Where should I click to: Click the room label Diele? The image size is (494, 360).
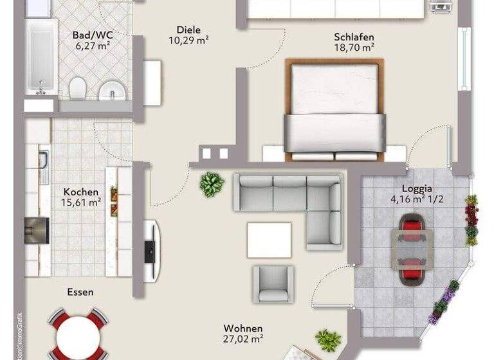[x=188, y=30]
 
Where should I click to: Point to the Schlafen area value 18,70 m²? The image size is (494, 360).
[x=353, y=47]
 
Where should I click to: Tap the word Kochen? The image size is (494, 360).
[x=81, y=192]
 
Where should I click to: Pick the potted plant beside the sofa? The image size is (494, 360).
[x=212, y=184]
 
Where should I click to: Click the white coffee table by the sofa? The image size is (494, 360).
[x=269, y=239]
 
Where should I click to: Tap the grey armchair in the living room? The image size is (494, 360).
[x=273, y=283]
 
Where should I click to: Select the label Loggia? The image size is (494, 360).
[x=417, y=188]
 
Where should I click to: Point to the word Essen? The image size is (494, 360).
[x=80, y=292]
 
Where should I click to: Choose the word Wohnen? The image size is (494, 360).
[x=243, y=328]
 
